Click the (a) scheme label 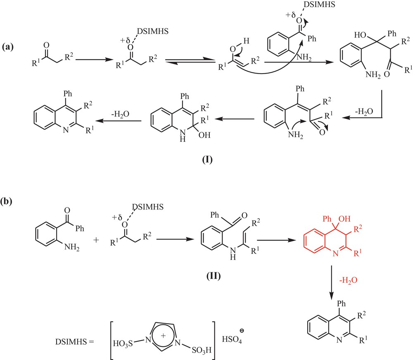tap(8, 47)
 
